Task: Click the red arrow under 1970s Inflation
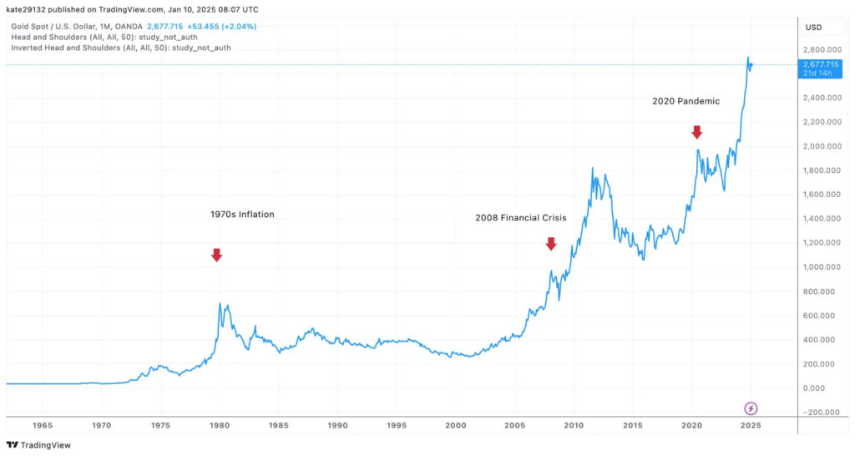216,255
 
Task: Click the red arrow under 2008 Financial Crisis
551,243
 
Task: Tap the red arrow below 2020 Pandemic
696,131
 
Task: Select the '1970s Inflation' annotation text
242,215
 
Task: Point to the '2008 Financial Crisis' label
521,218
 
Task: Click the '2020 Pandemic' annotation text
686,101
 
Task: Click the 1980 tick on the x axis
220,425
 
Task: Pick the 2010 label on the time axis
573,425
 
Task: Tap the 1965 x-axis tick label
43,425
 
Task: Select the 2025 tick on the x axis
750,425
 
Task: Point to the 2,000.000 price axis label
820,146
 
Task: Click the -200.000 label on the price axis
820,413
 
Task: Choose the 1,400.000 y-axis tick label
820,219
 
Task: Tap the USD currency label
813,28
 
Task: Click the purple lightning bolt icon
751,408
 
